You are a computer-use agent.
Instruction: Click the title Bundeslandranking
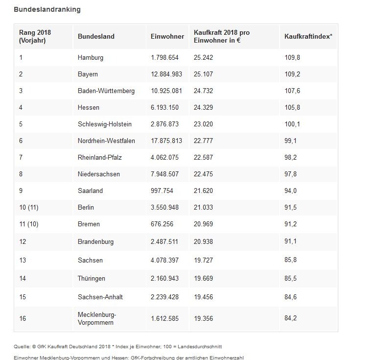point(47,10)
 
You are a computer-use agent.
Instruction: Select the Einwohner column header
point(167,36)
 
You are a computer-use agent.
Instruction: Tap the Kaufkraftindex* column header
point(308,36)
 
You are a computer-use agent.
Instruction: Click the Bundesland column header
point(96,36)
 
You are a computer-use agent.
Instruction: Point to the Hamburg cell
point(91,58)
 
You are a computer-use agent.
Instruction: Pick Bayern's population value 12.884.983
point(166,74)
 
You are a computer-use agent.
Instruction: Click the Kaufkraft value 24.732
point(203,91)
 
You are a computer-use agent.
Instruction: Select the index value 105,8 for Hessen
point(292,107)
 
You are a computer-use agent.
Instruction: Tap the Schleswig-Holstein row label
point(105,124)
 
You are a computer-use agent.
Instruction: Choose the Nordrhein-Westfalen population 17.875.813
point(166,141)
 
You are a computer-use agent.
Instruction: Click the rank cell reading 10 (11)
point(29,208)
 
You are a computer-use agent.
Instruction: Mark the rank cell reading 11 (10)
point(29,224)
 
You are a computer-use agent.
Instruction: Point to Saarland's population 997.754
point(162,191)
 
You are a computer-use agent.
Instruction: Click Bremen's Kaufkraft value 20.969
point(203,224)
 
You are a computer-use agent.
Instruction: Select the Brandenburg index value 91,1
point(290,241)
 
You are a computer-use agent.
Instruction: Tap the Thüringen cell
point(92,279)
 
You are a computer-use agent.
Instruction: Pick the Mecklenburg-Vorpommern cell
point(97,318)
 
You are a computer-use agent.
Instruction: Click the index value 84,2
point(290,318)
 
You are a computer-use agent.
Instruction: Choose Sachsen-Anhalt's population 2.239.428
point(164,297)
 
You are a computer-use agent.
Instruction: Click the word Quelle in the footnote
point(22,347)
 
